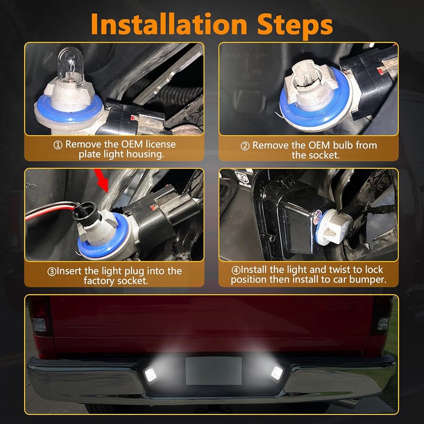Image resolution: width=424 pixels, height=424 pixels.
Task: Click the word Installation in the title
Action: (x=169, y=25)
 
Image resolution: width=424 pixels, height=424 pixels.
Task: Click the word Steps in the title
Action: (x=295, y=26)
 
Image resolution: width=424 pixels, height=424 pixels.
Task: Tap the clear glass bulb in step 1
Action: (x=71, y=65)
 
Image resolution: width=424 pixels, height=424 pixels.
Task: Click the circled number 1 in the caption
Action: (x=58, y=145)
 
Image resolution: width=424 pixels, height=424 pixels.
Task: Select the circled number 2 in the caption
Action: (x=245, y=146)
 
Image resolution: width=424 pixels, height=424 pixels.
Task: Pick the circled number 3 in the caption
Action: (x=52, y=271)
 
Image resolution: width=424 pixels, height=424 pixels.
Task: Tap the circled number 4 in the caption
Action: (x=236, y=270)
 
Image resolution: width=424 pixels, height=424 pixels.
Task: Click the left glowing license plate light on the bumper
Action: (x=151, y=375)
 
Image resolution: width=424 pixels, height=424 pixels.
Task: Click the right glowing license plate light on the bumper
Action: (x=277, y=374)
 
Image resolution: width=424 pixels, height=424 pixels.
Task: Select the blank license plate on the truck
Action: (x=214, y=371)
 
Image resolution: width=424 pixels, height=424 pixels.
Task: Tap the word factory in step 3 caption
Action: (x=99, y=281)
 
